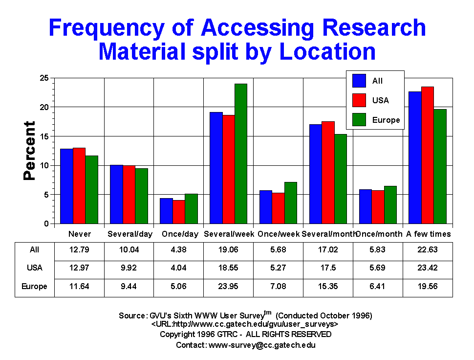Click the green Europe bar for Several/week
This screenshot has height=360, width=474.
(241, 154)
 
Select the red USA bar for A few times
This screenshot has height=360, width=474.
(428, 155)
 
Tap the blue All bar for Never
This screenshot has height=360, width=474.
(66, 186)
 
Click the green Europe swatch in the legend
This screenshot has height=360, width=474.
(360, 119)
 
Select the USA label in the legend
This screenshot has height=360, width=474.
(380, 100)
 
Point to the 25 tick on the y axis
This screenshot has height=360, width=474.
(43, 78)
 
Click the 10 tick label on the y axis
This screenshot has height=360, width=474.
(43, 165)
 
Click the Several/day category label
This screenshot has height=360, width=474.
(129, 234)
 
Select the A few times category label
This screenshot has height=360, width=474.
(429, 234)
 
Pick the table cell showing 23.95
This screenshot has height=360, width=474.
(229, 286)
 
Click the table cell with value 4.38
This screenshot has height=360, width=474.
(179, 250)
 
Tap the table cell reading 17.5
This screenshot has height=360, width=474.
(328, 268)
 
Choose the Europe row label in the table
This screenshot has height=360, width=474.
(35, 286)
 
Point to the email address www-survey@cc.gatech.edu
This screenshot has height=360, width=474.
(262, 345)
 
